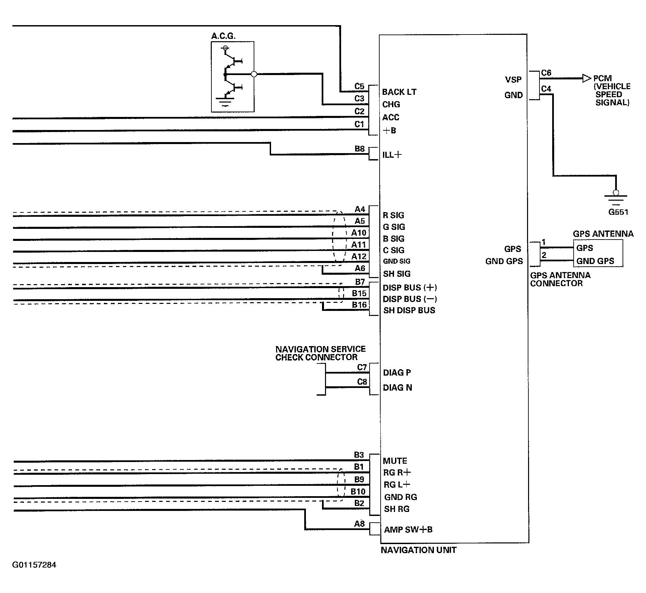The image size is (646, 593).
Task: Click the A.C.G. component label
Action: [223, 36]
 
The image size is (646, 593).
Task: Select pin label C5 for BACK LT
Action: [359, 86]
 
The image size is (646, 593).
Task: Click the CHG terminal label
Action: [391, 105]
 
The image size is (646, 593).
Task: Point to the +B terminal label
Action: [389, 130]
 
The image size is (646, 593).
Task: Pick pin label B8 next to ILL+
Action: [360, 148]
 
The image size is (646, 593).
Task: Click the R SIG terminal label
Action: [393, 215]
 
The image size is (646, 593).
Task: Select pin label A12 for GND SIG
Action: [359, 256]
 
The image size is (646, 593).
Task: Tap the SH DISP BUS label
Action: [409, 310]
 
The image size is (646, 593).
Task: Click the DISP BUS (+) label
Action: [410, 287]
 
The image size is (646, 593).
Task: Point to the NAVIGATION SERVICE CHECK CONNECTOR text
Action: [320, 353]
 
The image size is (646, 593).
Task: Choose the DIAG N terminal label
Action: [397, 388]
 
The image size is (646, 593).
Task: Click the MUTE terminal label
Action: [395, 461]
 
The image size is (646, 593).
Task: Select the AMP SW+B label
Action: [408, 530]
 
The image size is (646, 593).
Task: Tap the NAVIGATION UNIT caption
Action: [418, 550]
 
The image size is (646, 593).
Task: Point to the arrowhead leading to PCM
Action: [587, 78]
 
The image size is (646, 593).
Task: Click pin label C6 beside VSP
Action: [546, 73]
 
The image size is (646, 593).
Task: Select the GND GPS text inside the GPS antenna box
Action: [595, 261]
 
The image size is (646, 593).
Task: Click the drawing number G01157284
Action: [34, 565]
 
